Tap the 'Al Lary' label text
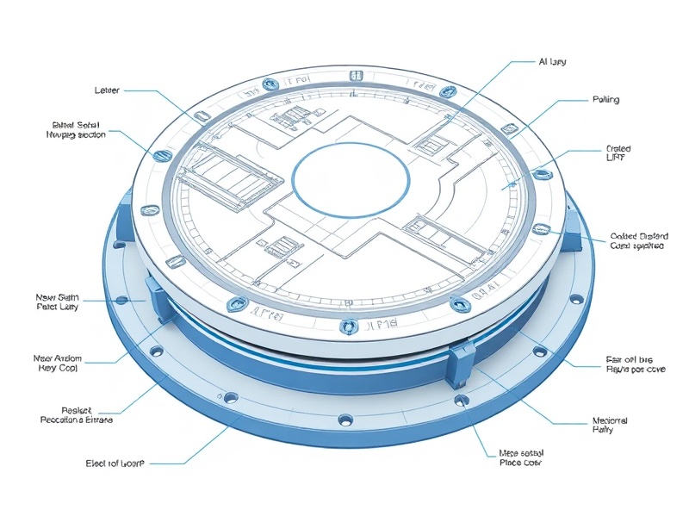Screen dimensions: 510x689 (552, 62)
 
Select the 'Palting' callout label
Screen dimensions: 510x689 (605, 100)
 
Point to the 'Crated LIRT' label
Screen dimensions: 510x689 (618, 153)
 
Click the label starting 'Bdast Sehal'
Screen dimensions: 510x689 (75, 130)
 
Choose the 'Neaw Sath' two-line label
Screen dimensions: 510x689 (57, 302)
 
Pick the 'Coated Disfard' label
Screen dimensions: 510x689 (637, 240)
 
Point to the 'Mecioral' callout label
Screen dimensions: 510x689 (609, 425)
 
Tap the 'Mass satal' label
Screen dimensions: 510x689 (521, 457)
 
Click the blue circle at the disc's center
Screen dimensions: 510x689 (350, 179)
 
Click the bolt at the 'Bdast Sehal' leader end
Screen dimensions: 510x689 (158, 156)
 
